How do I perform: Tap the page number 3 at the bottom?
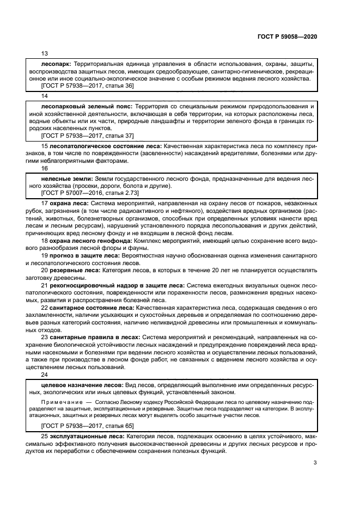pyautogui.click(x=315, y=463)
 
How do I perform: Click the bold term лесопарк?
pyautogui.click(x=57, y=64)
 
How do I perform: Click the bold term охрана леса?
pyautogui.click(x=69, y=203)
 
